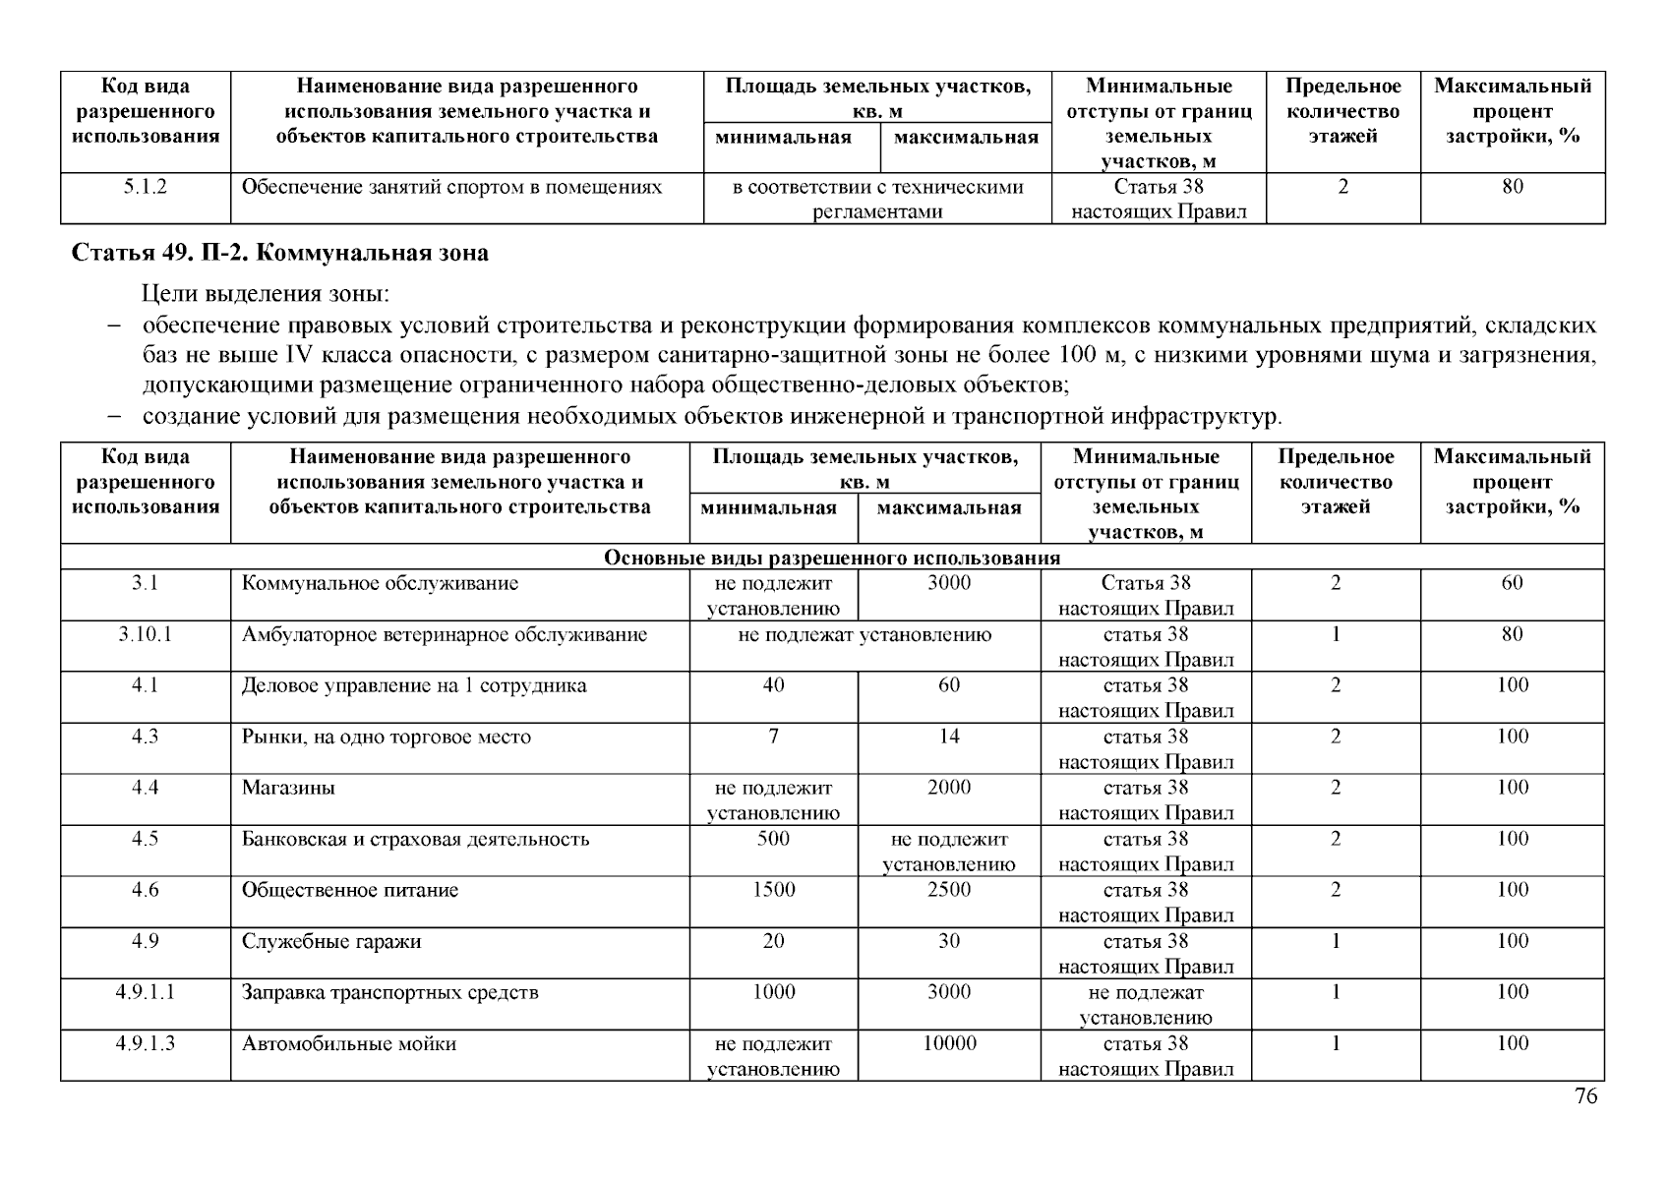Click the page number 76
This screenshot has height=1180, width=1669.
[x=1585, y=1096]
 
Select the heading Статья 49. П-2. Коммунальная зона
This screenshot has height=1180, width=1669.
[x=279, y=253]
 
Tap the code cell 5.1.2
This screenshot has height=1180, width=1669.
[x=145, y=187]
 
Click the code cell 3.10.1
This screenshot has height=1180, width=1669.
[x=145, y=634]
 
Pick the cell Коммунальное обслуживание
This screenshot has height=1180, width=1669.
[x=380, y=583]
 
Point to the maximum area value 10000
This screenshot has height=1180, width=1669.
[x=948, y=1043]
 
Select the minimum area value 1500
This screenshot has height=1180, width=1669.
[x=773, y=890]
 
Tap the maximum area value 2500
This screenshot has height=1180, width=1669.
[x=948, y=890]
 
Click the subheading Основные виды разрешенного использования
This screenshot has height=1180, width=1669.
[x=831, y=558]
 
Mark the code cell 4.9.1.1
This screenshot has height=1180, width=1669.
[x=145, y=992]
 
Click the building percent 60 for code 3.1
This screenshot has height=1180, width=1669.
[x=1512, y=583]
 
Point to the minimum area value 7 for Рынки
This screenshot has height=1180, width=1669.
[x=773, y=737]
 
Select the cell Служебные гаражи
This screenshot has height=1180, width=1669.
[x=331, y=941]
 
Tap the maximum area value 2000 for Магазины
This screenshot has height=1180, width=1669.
[x=948, y=788]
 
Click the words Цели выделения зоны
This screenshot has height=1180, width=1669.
[x=266, y=293]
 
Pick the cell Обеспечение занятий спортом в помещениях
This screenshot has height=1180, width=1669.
[x=451, y=187]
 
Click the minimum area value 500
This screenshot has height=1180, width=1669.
[x=773, y=839]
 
